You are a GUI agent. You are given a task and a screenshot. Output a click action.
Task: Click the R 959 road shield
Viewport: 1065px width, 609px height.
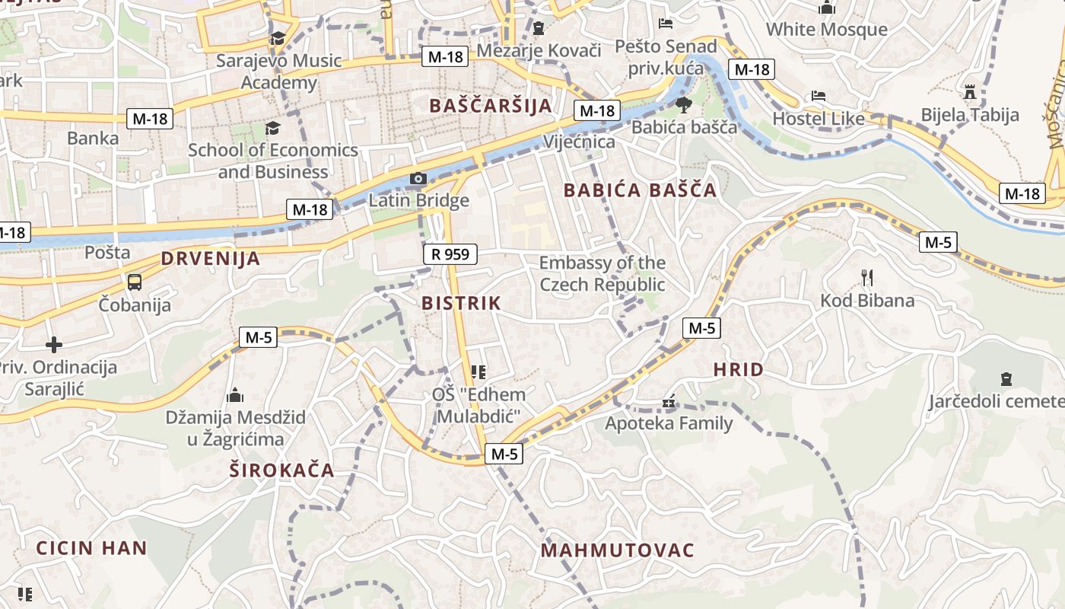[450, 254]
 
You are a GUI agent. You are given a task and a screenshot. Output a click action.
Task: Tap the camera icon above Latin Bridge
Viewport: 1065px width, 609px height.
[418, 179]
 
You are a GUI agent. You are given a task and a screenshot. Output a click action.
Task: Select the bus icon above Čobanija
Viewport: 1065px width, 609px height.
[135, 282]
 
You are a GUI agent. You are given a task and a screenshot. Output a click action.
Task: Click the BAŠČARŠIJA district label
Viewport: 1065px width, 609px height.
[491, 106]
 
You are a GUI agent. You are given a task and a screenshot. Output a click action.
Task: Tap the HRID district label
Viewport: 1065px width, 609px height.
[738, 370]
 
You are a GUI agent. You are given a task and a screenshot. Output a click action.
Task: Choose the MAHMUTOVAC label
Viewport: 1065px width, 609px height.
[618, 550]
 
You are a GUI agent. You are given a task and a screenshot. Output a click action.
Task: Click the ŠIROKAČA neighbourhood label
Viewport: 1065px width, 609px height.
[282, 470]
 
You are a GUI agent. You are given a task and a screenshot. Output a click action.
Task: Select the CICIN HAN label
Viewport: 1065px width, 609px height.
[91, 548]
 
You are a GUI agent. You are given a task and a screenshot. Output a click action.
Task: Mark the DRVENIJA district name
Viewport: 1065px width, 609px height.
[211, 259]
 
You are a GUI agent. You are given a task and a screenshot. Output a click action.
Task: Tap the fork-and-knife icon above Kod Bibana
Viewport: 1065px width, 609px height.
[866, 278]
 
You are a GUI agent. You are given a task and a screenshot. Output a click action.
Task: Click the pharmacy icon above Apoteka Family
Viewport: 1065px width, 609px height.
[669, 401]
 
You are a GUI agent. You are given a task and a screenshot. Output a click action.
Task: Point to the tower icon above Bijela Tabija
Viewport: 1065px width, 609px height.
[969, 92]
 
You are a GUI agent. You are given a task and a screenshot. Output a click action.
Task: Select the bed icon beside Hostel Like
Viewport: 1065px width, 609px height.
[819, 96]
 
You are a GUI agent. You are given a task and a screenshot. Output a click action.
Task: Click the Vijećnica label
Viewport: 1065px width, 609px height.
[579, 142]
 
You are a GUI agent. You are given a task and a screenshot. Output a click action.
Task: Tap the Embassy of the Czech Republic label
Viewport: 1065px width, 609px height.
[602, 274]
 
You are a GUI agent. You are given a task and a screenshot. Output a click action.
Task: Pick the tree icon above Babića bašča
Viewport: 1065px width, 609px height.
[683, 104]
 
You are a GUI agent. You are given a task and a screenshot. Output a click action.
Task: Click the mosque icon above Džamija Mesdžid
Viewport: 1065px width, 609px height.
[235, 395]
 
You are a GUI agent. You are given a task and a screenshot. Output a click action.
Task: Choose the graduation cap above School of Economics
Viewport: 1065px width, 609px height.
[272, 128]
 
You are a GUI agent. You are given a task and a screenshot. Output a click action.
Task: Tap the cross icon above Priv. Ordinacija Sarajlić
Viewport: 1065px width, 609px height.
[53, 345]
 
